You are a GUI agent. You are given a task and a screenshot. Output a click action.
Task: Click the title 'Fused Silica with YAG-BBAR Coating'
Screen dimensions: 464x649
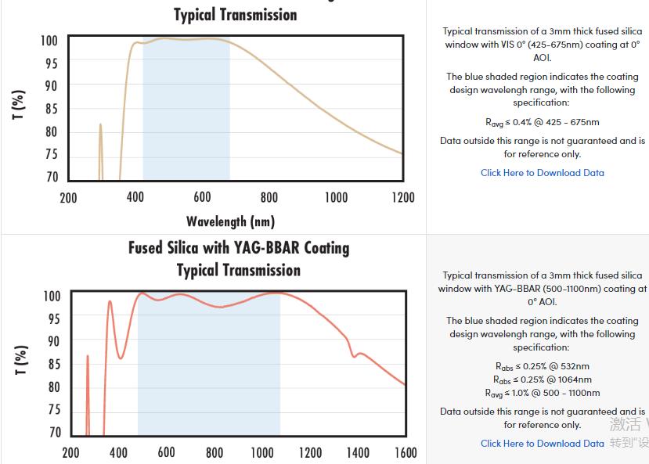(239, 248)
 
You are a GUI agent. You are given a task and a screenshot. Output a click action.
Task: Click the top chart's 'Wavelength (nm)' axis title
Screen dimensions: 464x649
(230, 221)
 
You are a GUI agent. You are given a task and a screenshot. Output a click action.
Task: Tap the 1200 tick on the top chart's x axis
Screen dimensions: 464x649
(402, 197)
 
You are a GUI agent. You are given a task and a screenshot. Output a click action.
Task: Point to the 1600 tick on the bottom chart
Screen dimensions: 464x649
(406, 452)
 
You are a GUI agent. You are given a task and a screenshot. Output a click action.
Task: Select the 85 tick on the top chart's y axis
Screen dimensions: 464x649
(50, 109)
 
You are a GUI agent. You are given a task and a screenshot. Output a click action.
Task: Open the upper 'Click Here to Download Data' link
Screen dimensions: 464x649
(542, 173)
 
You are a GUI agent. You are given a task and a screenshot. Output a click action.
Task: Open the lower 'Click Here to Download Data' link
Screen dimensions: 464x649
(542, 444)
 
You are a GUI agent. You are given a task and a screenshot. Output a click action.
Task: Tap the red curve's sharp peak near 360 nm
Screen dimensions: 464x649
(110, 302)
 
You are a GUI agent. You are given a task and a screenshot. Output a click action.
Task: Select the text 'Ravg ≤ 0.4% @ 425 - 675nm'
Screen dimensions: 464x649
(542, 122)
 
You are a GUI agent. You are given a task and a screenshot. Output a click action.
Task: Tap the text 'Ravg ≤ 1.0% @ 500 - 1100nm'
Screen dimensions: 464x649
(542, 393)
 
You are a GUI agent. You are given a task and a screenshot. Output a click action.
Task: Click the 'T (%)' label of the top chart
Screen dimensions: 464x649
(18, 106)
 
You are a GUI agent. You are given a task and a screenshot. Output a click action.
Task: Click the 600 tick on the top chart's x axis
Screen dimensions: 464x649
(202, 197)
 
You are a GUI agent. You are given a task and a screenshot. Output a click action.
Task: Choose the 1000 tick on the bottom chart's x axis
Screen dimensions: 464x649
(262, 452)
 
